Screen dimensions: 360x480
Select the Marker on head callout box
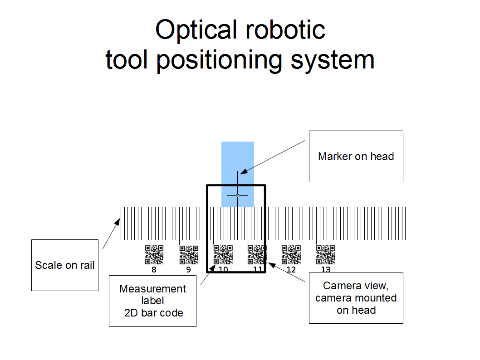coord(356,156)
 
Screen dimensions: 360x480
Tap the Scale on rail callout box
coord(65,265)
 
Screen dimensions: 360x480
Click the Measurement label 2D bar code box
coord(152,301)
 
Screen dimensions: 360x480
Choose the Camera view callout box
coord(356,298)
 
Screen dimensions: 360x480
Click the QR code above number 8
coord(154,255)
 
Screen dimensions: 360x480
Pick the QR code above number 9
coord(189,255)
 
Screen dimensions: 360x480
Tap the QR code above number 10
coord(223,255)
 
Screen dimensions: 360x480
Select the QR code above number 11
coord(257,255)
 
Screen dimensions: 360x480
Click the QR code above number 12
coord(291,255)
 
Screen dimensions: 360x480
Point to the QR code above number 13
coord(326,255)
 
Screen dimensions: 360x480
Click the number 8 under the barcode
coord(154,270)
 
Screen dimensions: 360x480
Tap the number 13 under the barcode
coord(326,270)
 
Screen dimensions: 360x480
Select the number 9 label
coord(188,270)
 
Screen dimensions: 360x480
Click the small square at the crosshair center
coord(237,195)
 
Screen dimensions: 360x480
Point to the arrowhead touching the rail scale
coord(118,222)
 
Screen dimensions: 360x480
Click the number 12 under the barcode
coord(291,270)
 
